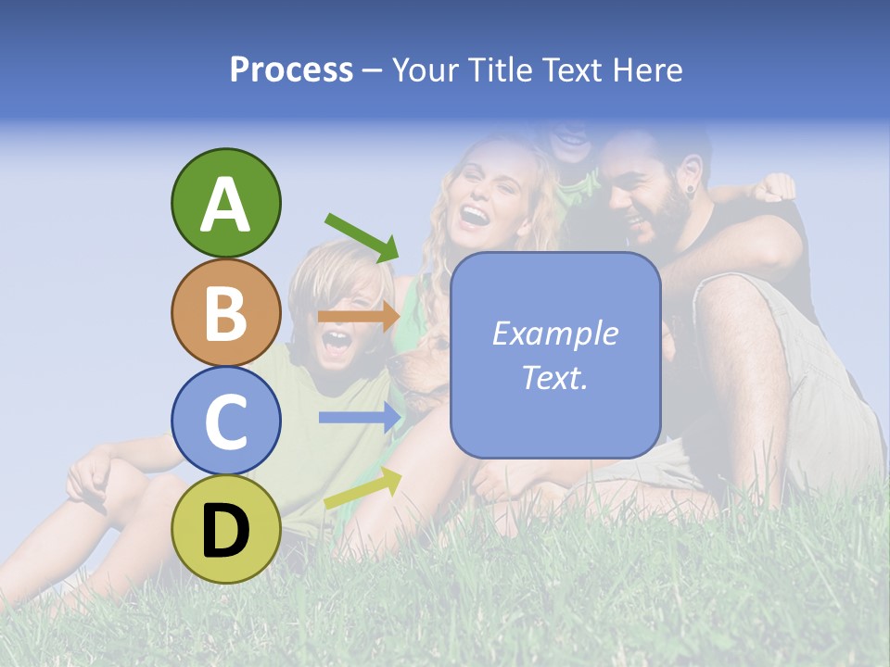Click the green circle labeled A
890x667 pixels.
click(225, 203)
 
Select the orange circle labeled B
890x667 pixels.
click(225, 313)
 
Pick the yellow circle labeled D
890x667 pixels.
click(225, 529)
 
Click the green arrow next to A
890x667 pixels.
click(362, 237)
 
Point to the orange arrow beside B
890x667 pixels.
click(359, 316)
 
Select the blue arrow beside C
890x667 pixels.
click(360, 418)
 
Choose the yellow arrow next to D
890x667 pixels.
click(362, 488)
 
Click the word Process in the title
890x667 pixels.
click(291, 69)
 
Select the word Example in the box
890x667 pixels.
click(554, 333)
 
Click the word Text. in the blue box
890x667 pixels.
click(554, 377)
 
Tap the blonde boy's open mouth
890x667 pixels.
click(336, 342)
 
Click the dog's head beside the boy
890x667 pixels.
click(417, 366)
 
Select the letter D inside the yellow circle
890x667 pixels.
click(225, 531)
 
